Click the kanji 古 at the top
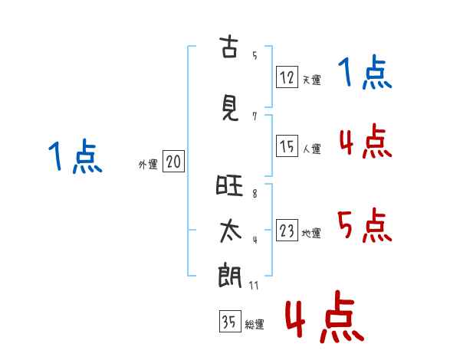click(x=228, y=46)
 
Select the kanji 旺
click(x=229, y=185)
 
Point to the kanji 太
click(x=231, y=231)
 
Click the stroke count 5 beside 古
click(x=255, y=55)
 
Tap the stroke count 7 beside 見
click(x=255, y=116)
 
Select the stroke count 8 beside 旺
click(x=255, y=194)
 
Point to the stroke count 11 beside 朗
click(x=254, y=285)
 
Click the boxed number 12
click(x=287, y=77)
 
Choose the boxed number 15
click(x=287, y=146)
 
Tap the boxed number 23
click(x=287, y=230)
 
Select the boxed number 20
click(x=174, y=162)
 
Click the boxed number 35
click(x=230, y=321)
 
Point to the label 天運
click(x=312, y=80)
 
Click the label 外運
click(x=148, y=165)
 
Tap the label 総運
click(x=255, y=325)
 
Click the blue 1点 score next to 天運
click(x=365, y=72)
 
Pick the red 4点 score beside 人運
click(x=366, y=141)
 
